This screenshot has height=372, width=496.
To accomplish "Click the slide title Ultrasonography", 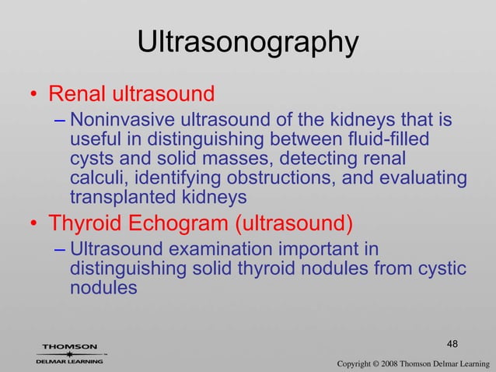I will [x=247, y=42].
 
